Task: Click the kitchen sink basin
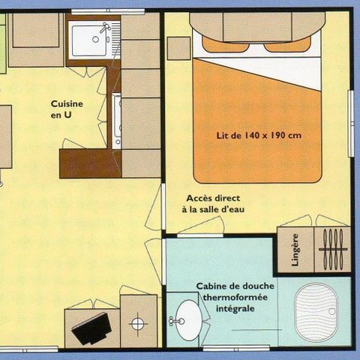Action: (88, 40)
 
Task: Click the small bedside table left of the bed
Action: (178, 47)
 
